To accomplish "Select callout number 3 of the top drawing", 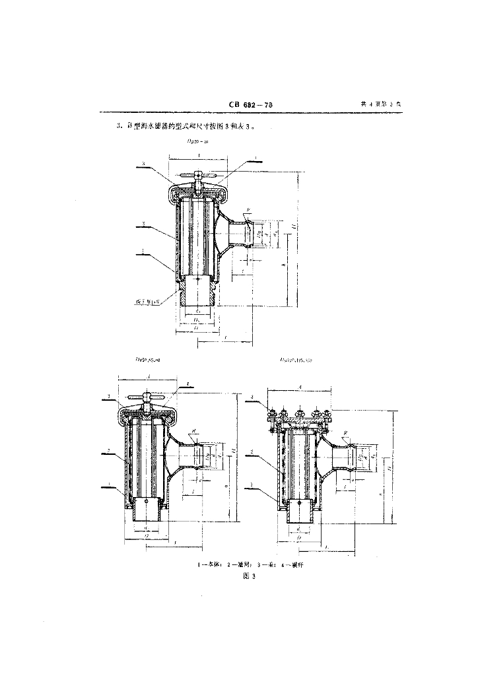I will (143, 162).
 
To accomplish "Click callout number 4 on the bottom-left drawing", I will (188, 384).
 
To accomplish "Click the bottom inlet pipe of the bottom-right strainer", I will (300, 512).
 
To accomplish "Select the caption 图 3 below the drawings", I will (249, 576).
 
